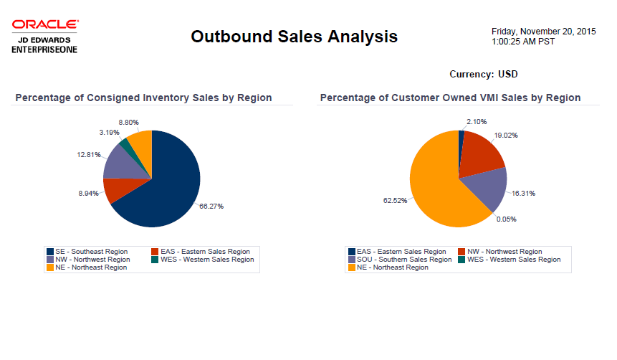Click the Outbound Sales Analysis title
tap(294, 37)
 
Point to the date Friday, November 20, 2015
tap(543, 32)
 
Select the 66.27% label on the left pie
tap(211, 207)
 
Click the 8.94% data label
tap(90, 194)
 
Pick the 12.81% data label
tap(89, 155)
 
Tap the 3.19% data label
tap(109, 133)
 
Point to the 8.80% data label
tap(128, 123)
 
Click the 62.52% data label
tap(396, 201)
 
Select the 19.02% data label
tap(506, 135)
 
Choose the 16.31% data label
tap(523, 193)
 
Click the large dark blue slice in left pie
tap(168, 179)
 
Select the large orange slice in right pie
tap(437, 186)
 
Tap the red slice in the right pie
tap(480, 154)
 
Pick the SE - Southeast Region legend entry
tap(87, 252)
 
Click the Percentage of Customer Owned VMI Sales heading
tap(450, 98)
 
